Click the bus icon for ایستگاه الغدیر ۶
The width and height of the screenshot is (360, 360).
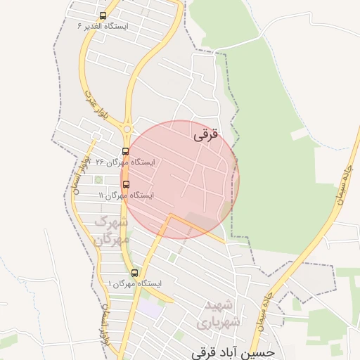103,15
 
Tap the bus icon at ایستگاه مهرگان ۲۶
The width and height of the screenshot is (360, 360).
126,151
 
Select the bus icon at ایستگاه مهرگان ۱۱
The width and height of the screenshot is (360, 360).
126,184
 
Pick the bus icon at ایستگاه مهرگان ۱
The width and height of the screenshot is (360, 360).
134,273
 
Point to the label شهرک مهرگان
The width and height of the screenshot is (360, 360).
112,231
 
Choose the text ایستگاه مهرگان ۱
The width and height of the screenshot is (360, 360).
134,283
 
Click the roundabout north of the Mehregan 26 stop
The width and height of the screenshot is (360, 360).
127,129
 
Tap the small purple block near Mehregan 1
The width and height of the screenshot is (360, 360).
150,308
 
